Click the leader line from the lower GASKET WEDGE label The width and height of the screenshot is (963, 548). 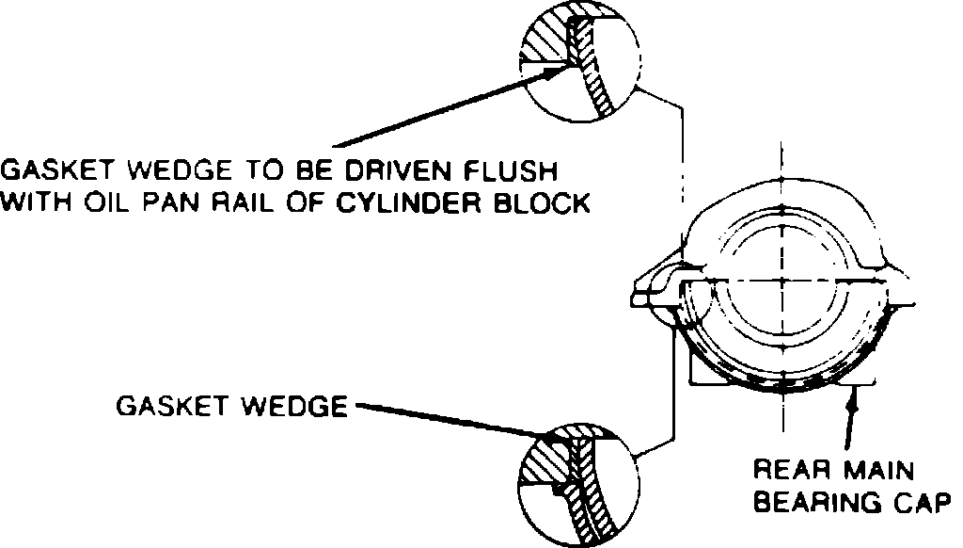pos(442,420)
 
